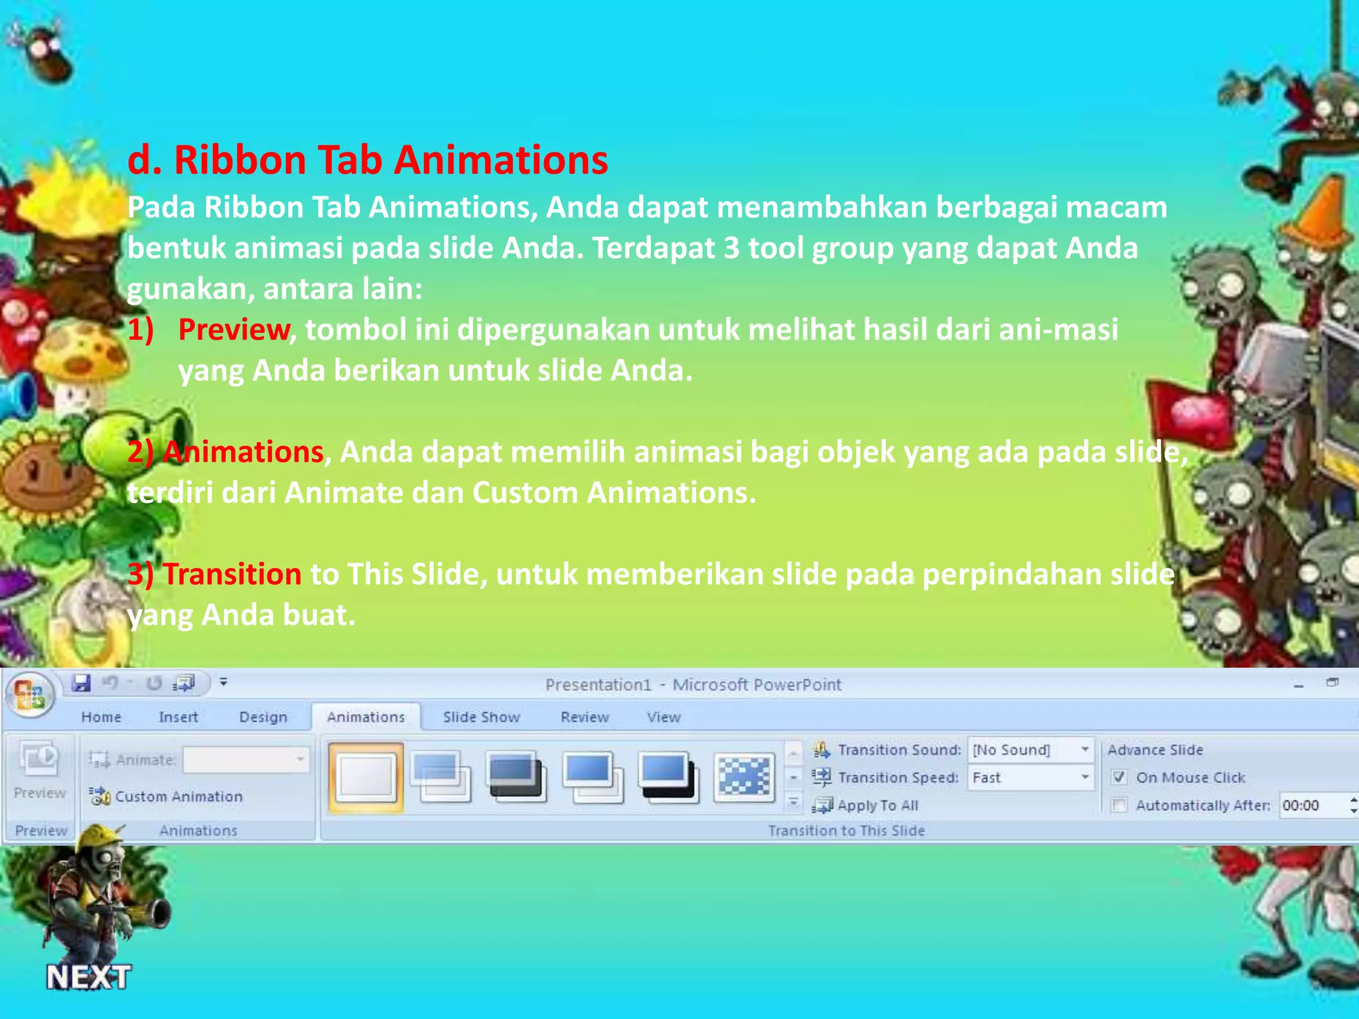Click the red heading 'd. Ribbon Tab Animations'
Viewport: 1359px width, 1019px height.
pyautogui.click(x=368, y=161)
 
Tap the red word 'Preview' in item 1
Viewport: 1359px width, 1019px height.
pyautogui.click(x=234, y=330)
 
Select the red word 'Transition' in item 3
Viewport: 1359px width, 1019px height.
pyautogui.click(x=232, y=575)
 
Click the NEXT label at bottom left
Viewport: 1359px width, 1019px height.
pyautogui.click(x=88, y=977)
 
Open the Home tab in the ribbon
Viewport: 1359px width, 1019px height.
pyautogui.click(x=101, y=717)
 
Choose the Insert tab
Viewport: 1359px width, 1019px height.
pyautogui.click(x=178, y=717)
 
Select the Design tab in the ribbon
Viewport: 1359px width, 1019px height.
pyautogui.click(x=263, y=717)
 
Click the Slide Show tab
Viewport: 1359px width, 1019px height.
pyautogui.click(x=481, y=717)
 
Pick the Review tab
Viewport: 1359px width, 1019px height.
pyautogui.click(x=584, y=717)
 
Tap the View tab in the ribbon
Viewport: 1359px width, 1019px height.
pyautogui.click(x=664, y=717)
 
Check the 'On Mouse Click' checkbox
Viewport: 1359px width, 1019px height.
pyautogui.click(x=1119, y=778)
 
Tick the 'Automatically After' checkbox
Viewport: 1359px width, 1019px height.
pyautogui.click(x=1119, y=805)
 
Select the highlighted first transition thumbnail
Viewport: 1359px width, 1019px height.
pyautogui.click(x=366, y=777)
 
